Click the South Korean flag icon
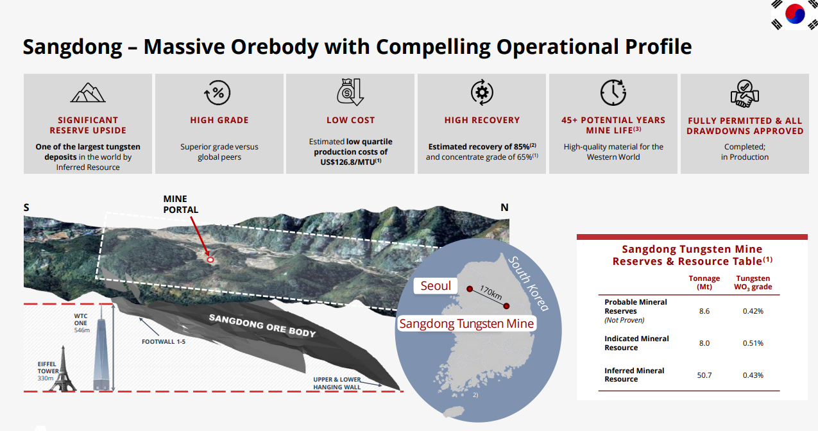795,15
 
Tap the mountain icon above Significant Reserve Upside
88,93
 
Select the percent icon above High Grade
217,93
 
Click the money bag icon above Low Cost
350,92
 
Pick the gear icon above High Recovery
482,92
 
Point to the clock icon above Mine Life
613,92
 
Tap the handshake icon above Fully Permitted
745,94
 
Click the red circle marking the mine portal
210,260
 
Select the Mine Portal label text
180,205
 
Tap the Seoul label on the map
435,286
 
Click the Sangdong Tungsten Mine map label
466,323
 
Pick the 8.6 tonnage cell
704,311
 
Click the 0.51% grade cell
753,343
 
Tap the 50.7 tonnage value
704,375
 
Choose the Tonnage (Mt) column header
704,282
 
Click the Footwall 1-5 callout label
163,342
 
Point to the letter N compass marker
504,207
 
